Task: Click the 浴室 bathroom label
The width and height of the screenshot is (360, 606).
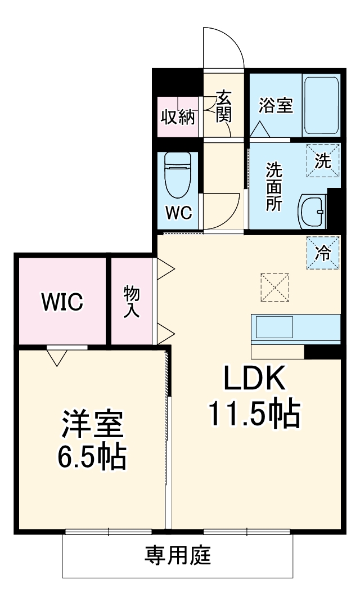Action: [276, 105]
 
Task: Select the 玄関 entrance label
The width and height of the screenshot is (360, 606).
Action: [223, 106]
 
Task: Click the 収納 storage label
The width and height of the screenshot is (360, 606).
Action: [178, 117]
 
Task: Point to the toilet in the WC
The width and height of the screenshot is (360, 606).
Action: [178, 174]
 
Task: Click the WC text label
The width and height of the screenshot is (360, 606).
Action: [178, 213]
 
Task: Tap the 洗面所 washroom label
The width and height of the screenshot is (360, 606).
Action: [274, 186]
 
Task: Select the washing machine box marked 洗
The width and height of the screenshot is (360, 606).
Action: [323, 161]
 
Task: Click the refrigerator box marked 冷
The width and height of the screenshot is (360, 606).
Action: [323, 253]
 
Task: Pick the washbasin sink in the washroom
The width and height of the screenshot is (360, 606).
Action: [312, 212]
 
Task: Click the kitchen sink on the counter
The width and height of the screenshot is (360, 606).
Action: [274, 326]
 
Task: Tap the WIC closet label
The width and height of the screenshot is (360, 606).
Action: [62, 302]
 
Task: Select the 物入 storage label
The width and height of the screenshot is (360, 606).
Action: [132, 302]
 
